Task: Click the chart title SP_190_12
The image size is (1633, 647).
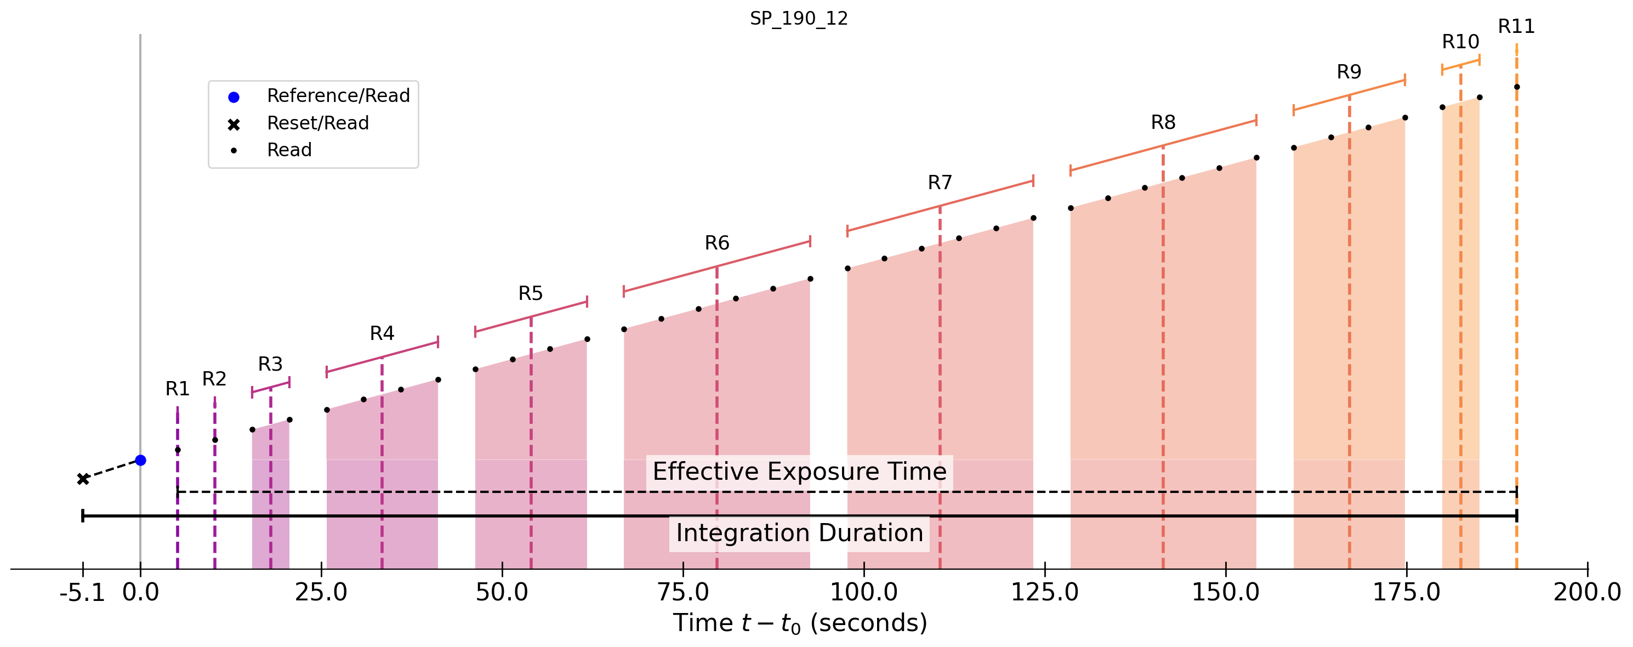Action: click(x=799, y=19)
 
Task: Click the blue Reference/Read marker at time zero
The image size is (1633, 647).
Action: click(x=141, y=461)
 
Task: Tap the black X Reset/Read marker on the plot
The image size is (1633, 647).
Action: click(x=83, y=479)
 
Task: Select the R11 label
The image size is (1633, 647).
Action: click(x=1516, y=27)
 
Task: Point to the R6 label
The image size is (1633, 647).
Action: click(x=717, y=243)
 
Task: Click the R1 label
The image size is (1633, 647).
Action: click(x=178, y=389)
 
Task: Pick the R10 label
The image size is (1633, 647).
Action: click(x=1460, y=42)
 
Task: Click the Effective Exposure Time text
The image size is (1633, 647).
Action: click(x=799, y=472)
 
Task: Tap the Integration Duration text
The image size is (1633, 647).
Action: click(x=799, y=534)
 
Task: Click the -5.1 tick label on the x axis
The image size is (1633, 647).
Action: click(x=82, y=593)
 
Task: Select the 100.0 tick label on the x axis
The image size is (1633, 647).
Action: click(x=864, y=593)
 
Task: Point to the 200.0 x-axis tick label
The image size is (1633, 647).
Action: click(x=1588, y=593)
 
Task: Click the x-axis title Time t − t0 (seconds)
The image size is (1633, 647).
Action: click(x=800, y=623)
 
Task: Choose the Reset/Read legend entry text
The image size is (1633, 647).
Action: click(x=317, y=123)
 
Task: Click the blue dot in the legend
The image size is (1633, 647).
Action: click(x=234, y=97)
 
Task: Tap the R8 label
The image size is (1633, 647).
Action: click(x=1163, y=122)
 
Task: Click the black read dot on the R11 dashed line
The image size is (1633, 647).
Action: click(x=1517, y=87)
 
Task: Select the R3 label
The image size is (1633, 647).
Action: click(x=270, y=364)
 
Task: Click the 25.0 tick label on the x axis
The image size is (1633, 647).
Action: click(x=321, y=593)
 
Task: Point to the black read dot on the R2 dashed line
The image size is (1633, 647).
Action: click(x=215, y=440)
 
